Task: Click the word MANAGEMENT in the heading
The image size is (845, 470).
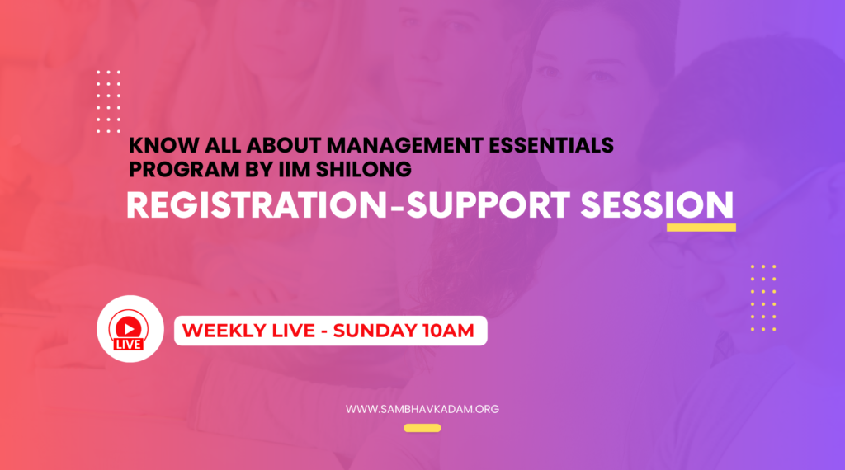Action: [x=404, y=145]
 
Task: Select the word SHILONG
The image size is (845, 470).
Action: [x=364, y=170]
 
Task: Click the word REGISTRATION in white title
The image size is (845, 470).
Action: [x=257, y=205]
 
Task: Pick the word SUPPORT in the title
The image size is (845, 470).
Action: [x=488, y=205]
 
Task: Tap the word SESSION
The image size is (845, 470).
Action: [x=657, y=205]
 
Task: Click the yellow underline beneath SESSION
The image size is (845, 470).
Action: [x=701, y=228]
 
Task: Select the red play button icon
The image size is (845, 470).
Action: [x=128, y=327]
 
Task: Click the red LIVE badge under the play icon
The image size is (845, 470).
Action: [x=129, y=345]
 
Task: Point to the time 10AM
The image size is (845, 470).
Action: [x=448, y=331]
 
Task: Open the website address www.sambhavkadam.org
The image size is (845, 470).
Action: [x=422, y=409]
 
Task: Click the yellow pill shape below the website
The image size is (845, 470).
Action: [x=422, y=428]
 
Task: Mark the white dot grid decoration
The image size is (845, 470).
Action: [x=108, y=101]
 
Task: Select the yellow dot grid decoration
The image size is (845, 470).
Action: [x=763, y=298]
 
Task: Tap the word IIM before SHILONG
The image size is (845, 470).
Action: [x=295, y=170]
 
